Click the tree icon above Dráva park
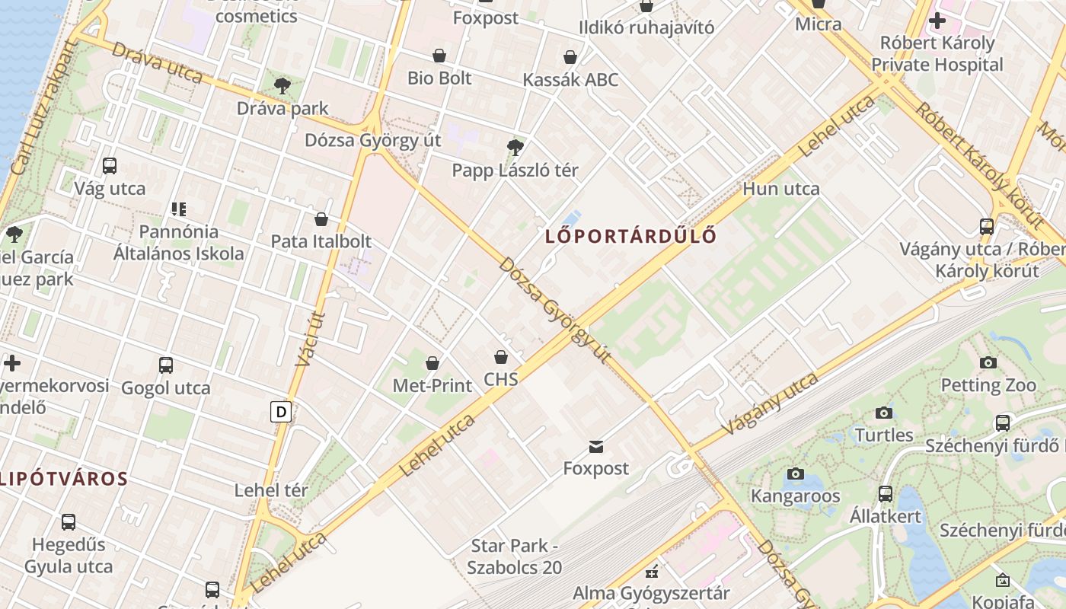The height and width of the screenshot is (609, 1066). (x=282, y=85)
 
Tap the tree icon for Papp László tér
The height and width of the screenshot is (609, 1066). (x=515, y=147)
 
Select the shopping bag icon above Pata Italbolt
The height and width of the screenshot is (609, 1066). (x=321, y=219)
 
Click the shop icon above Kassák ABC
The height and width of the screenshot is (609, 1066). (x=570, y=57)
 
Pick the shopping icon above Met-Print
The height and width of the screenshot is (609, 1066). (x=432, y=363)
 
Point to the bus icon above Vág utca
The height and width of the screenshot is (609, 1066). (x=110, y=165)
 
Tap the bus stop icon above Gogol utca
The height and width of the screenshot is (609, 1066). (x=166, y=365)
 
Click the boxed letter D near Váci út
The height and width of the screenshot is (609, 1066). (x=282, y=413)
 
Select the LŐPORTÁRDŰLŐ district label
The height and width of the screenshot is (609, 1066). (x=631, y=236)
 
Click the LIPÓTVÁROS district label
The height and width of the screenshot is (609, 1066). (x=64, y=479)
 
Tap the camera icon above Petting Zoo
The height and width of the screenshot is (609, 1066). (x=988, y=362)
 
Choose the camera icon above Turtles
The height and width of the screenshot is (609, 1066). (x=884, y=413)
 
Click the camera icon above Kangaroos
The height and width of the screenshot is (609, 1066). (x=796, y=473)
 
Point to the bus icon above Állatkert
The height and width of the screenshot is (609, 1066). (x=886, y=493)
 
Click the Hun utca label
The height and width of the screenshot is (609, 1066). (x=781, y=189)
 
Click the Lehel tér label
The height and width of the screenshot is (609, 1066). (x=268, y=489)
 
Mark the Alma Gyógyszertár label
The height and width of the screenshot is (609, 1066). (x=651, y=593)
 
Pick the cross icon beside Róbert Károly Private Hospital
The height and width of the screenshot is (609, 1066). (x=937, y=21)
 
